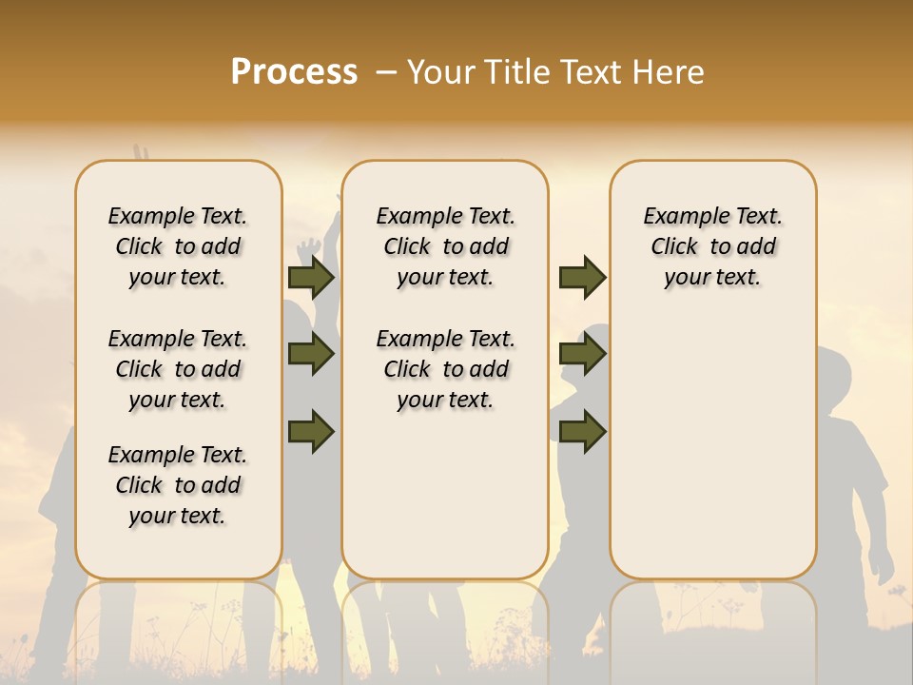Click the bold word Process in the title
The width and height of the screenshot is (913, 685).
click(x=294, y=72)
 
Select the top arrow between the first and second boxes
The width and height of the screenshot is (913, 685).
click(x=311, y=278)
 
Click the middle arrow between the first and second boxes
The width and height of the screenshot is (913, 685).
click(x=311, y=355)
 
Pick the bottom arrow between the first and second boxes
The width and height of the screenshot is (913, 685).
click(x=311, y=431)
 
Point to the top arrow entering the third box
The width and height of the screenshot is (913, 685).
click(x=582, y=278)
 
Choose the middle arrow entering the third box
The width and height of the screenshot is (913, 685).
click(x=582, y=355)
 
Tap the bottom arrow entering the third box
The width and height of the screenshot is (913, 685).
click(x=582, y=431)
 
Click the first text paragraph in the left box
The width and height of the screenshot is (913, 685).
click(x=178, y=246)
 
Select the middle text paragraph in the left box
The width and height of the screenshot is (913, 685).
click(x=178, y=369)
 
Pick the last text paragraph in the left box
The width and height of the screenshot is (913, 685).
click(x=178, y=485)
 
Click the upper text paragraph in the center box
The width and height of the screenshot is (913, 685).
click(x=445, y=246)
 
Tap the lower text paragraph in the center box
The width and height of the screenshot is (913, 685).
click(x=445, y=369)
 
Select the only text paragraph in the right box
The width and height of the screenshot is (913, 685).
click(x=712, y=246)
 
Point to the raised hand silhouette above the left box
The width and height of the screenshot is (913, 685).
click(x=141, y=154)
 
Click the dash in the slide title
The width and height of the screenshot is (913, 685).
click(x=386, y=72)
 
